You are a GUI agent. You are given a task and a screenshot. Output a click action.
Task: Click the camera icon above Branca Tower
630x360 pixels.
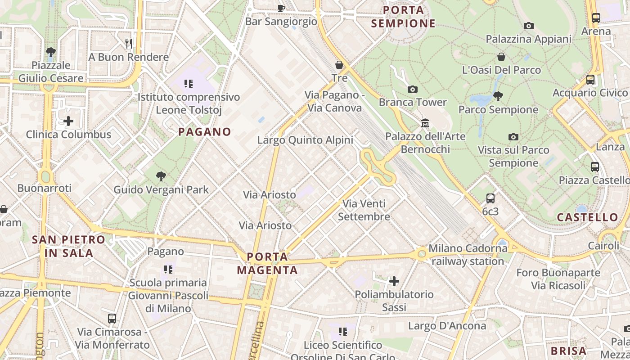(412, 89)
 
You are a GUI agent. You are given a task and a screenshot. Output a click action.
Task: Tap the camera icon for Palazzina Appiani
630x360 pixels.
(529, 26)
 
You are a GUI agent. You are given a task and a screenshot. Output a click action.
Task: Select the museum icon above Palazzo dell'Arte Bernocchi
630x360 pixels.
(425, 123)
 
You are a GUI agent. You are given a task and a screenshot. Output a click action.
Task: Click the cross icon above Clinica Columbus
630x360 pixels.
(68, 121)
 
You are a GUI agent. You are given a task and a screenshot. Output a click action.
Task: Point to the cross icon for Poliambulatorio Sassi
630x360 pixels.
(394, 282)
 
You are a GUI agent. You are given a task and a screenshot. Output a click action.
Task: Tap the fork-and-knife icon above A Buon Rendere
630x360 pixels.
(129, 43)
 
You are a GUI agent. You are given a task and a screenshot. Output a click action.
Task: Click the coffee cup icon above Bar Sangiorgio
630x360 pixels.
(281, 8)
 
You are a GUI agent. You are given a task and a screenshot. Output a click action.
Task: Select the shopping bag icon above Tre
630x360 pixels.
(339, 65)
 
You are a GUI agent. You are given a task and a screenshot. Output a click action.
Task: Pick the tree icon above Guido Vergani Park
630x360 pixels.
(161, 176)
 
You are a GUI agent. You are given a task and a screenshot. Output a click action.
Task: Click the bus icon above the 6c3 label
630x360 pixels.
(490, 198)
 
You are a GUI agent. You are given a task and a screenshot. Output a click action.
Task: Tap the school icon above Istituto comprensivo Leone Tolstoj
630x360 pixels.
(189, 84)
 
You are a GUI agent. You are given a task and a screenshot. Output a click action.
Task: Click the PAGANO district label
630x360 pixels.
(205, 132)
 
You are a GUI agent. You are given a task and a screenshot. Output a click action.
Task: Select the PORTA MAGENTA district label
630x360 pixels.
(267, 264)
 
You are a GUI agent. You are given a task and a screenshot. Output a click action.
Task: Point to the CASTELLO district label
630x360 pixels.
(588, 217)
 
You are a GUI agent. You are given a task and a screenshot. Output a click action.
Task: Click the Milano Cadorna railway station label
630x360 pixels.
(468, 255)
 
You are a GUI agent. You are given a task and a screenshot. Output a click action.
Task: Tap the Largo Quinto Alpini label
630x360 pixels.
(305, 140)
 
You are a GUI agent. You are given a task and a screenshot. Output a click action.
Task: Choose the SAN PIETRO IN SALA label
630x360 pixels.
(69, 246)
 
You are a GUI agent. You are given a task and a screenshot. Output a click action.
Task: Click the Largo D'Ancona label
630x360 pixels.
(447, 325)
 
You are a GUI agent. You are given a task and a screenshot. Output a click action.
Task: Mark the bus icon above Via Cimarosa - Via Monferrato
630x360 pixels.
(112, 319)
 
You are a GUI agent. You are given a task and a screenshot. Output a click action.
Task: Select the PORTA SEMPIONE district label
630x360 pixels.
(404, 17)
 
